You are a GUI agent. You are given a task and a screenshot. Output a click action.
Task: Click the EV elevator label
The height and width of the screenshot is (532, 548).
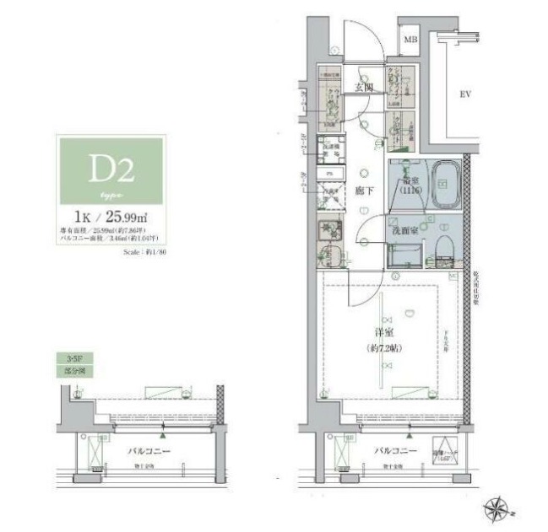click(464, 94)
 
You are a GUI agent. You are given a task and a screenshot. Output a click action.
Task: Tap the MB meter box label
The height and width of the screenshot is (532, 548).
click(411, 40)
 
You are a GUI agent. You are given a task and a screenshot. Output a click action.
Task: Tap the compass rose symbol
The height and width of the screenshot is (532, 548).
click(496, 508)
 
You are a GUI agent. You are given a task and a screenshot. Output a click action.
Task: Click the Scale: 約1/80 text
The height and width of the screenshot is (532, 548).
click(144, 251)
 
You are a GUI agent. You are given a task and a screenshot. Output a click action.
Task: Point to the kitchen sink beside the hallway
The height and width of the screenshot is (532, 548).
click(329, 229)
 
